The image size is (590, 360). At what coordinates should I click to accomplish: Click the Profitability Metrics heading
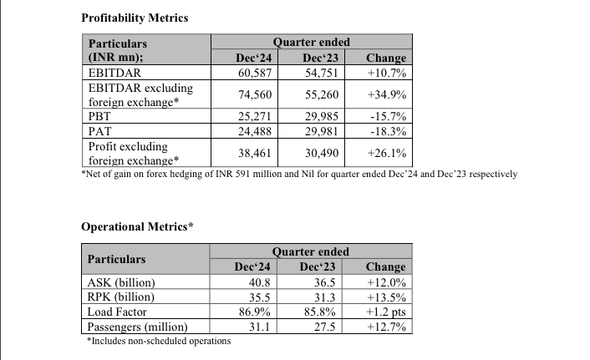135,17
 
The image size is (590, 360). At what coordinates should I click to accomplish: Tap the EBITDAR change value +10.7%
387,74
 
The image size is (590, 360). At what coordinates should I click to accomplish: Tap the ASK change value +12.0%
386,282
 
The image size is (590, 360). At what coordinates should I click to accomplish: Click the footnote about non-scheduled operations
159,341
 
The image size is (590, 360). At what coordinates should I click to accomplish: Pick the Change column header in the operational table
385,267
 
